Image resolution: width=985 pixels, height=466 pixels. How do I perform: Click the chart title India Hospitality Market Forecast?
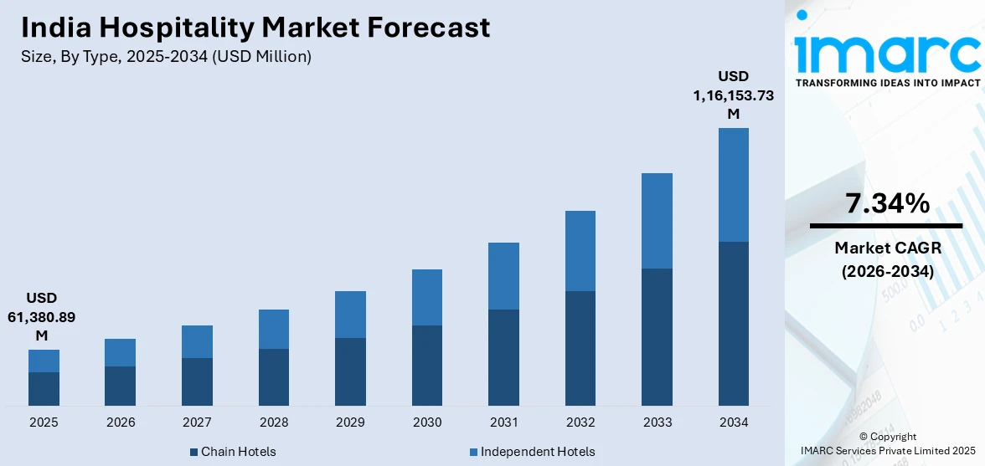[255, 28]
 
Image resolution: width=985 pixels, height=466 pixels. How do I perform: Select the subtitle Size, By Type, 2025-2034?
[166, 57]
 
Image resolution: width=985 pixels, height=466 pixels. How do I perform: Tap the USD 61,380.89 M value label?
[42, 316]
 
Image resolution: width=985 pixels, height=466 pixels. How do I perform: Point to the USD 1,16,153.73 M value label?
[733, 95]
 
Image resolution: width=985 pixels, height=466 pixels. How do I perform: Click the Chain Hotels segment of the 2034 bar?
[733, 324]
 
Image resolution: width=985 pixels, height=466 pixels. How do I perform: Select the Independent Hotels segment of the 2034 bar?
[733, 185]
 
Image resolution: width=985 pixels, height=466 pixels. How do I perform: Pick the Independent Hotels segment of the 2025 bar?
[44, 361]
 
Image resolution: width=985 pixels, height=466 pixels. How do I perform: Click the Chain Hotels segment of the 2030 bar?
[426, 366]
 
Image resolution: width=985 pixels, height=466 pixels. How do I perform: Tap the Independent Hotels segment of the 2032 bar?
[580, 251]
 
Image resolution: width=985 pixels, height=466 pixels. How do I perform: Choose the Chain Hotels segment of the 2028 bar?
[273, 377]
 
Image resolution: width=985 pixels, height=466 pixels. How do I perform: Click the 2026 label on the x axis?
[121, 422]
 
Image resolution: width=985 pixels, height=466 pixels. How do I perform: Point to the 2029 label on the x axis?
[350, 422]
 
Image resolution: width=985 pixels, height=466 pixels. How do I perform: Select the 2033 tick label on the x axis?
[657, 422]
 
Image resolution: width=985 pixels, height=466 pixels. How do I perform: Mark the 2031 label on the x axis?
[503, 422]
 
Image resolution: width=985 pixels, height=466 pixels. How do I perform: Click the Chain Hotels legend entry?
[232, 452]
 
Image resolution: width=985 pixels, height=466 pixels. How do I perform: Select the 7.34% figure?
[885, 203]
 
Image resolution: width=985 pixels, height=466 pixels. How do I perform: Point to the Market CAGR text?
[885, 248]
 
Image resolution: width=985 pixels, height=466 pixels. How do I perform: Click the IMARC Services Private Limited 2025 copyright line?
[887, 452]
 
